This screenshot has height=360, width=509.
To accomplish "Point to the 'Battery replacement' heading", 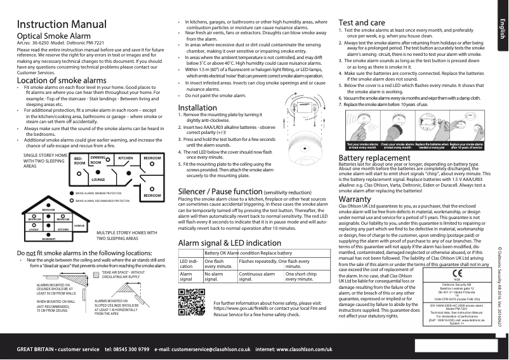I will coord(379,157).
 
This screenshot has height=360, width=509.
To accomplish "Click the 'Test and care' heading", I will coord(366,22).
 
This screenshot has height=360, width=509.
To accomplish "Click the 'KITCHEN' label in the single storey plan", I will coord(125,157).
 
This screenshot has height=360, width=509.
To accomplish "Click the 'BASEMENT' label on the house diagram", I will coord(49,238).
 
